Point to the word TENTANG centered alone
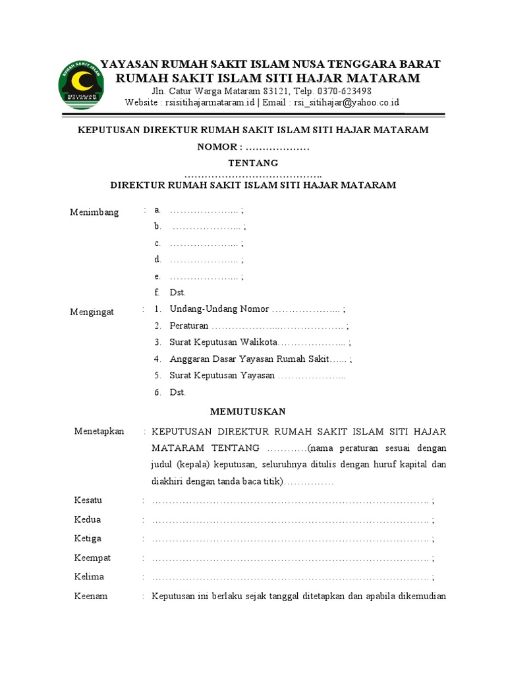253,163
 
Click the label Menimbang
95,212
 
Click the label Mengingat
92,312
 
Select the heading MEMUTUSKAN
248,411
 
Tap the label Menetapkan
99,431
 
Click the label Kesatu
88,500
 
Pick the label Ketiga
88,539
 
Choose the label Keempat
92,558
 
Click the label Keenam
91,596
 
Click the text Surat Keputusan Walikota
224,343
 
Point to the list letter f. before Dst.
157,292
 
